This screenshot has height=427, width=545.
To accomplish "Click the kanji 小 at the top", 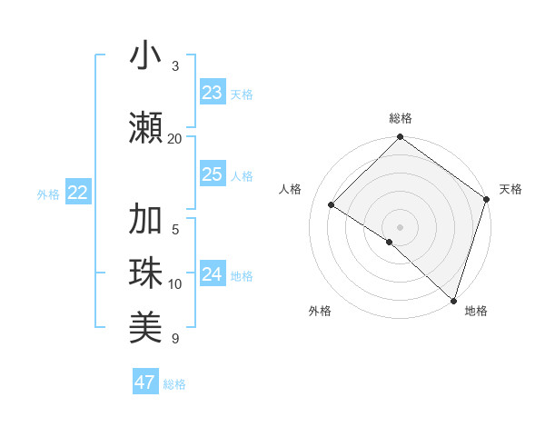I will coord(145,56).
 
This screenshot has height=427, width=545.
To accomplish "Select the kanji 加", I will coord(145,220).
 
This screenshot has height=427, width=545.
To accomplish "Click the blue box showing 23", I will coord(213,93).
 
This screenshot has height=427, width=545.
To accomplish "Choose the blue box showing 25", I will coord(213,174).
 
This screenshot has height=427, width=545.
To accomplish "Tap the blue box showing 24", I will coord(213,274).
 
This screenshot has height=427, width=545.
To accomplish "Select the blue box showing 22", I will coord(77,193).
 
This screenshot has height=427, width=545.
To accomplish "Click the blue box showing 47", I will coord(145,382).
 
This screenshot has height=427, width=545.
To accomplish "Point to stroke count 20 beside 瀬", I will coord(175,138).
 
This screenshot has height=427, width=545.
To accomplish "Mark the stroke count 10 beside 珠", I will coord(175,284).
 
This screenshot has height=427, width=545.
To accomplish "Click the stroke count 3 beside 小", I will coord(175,65).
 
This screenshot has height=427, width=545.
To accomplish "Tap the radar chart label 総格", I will coord(400,118).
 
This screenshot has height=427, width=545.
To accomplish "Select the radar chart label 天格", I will coord(510,189).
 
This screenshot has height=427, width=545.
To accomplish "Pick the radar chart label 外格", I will coord(320,311).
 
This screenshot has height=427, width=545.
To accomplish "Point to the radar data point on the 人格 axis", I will coord(332,204).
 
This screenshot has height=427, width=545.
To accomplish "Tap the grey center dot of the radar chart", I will coord(400,226).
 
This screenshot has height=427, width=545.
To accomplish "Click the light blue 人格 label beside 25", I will coord(242,176).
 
